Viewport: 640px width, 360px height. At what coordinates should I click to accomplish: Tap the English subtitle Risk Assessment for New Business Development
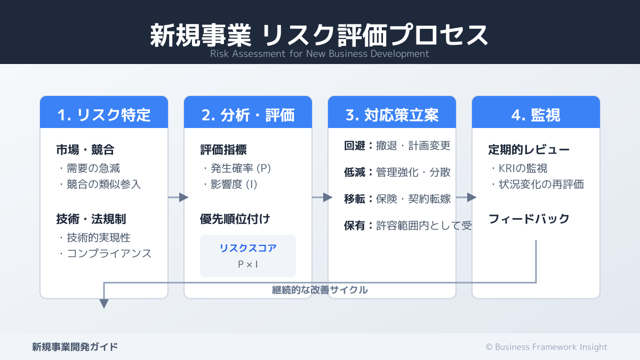[319, 54]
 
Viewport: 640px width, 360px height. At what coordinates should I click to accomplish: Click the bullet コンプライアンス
[105, 254]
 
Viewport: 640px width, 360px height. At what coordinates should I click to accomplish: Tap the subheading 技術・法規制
[91, 219]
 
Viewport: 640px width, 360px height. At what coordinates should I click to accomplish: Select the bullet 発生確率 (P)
[237, 169]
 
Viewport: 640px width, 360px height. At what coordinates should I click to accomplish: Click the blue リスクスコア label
[248, 248]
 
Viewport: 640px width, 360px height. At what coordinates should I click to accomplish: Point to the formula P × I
[248, 264]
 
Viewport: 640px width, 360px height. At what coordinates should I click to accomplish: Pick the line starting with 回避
[397, 146]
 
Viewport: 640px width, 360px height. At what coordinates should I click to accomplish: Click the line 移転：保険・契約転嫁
[397, 199]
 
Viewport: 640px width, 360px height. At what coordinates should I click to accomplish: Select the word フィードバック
[529, 219]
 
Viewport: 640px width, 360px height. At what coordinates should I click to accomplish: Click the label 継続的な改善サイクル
[319, 290]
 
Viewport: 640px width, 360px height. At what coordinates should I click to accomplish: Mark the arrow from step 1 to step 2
[178, 197]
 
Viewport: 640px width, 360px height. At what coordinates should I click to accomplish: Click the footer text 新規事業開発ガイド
[75, 347]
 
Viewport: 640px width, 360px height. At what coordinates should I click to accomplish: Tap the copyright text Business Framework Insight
[546, 347]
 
